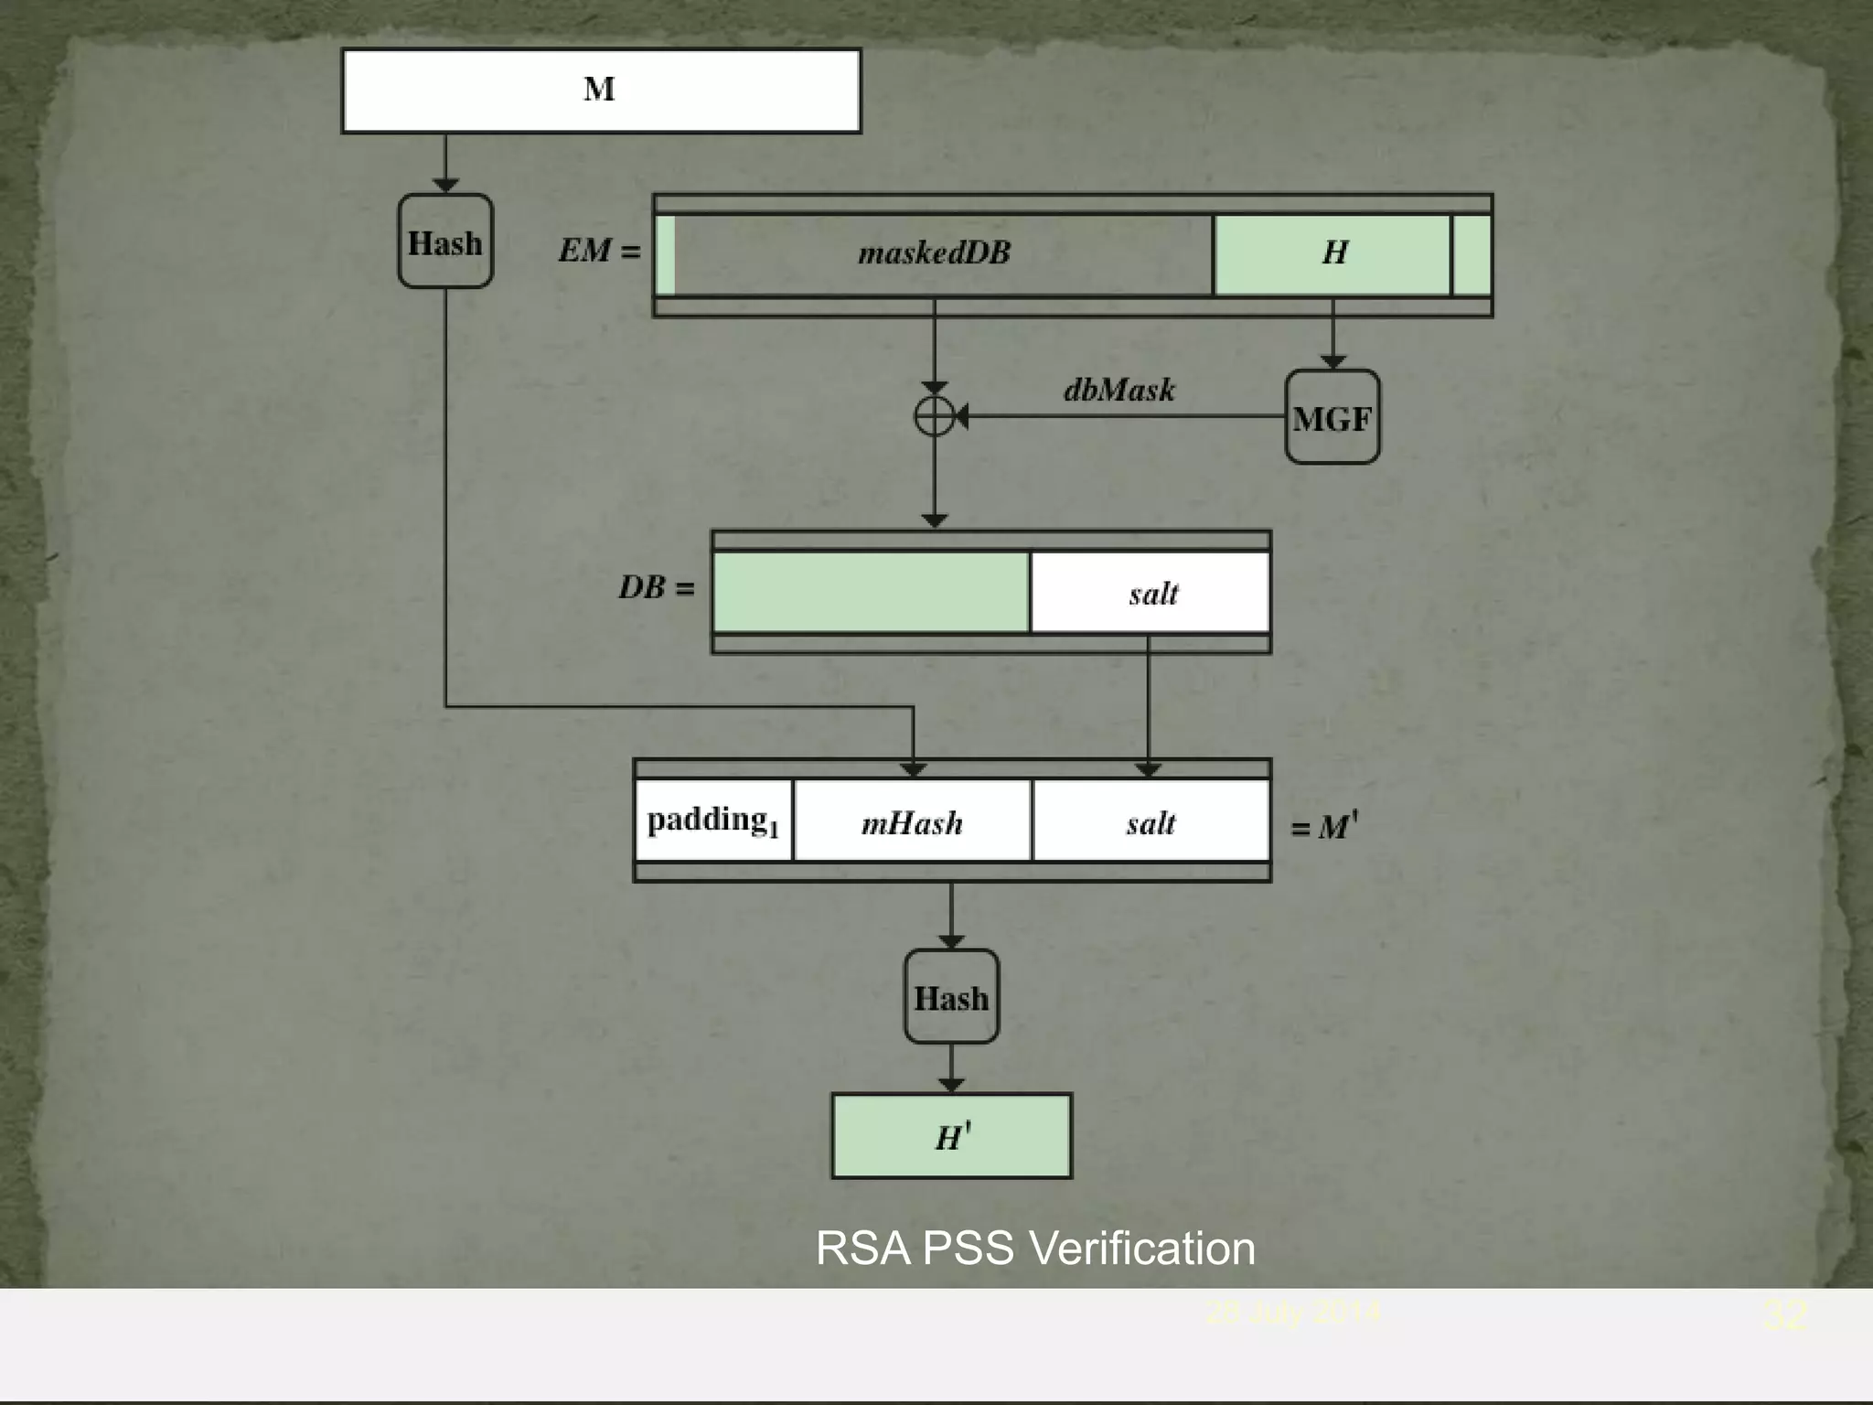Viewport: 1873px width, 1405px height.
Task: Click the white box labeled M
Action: pyautogui.click(x=601, y=91)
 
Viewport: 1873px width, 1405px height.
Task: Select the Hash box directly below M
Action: pyautogui.click(x=445, y=241)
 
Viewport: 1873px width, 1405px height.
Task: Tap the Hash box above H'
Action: pyautogui.click(x=951, y=996)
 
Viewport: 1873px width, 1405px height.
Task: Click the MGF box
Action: pyautogui.click(x=1332, y=417)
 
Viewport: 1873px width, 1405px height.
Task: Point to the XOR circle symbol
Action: pyautogui.click(x=934, y=417)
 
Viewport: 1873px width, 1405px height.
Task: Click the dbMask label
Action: pyautogui.click(x=1118, y=391)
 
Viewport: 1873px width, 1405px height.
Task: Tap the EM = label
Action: pyautogui.click(x=599, y=251)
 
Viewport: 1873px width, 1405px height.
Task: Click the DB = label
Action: pyautogui.click(x=656, y=587)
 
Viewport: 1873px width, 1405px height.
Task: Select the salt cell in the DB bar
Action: pyautogui.click(x=1151, y=593)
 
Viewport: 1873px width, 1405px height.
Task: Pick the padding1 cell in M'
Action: pyautogui.click(x=713, y=820)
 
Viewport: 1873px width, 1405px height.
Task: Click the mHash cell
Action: pyautogui.click(x=912, y=822)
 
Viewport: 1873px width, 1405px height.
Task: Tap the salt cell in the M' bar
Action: pyautogui.click(x=1151, y=822)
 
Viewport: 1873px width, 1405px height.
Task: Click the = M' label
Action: pyautogui.click(x=1323, y=827)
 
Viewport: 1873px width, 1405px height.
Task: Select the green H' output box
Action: pyautogui.click(x=951, y=1136)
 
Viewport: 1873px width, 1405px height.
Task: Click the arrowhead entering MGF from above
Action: pyautogui.click(x=1333, y=362)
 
